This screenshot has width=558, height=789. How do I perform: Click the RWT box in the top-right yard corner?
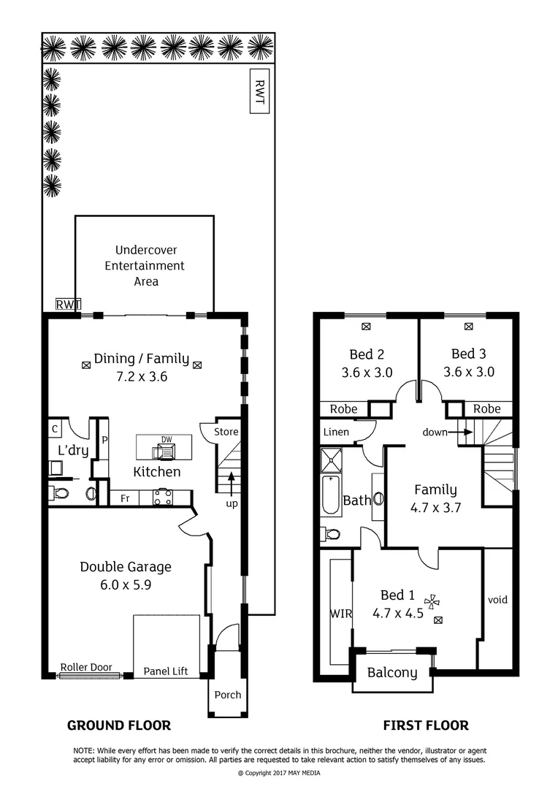tap(259, 91)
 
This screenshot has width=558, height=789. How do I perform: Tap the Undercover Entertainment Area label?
tap(145, 266)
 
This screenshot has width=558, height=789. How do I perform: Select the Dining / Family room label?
tap(141, 359)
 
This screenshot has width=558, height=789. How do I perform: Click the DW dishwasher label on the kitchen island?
tap(164, 440)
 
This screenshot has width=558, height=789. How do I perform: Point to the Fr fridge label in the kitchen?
tap(124, 498)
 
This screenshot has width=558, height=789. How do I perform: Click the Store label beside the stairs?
tap(226, 432)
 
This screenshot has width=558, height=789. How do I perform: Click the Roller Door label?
tap(86, 667)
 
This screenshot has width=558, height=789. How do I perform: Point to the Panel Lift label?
tap(165, 671)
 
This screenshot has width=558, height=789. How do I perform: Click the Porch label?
tap(228, 694)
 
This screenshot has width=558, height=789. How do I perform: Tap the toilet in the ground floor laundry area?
tap(61, 494)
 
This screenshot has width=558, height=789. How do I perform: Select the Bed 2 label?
tap(367, 354)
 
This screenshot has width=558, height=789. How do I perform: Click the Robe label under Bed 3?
tap(486, 409)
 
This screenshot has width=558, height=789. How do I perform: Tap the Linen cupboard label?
tap(335, 432)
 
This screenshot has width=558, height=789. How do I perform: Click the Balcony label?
tap(392, 673)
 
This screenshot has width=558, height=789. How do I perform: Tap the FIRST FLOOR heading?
tap(426, 725)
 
